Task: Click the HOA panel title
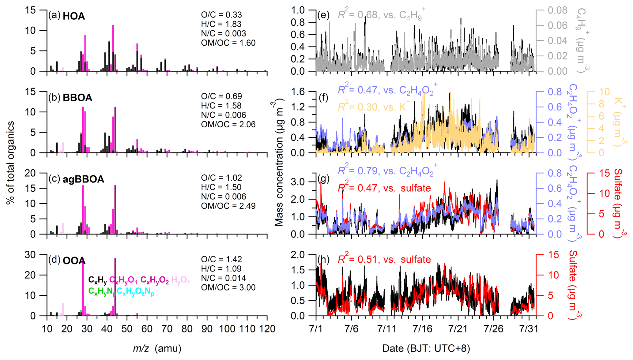pos(73,16)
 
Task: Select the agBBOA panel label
pos(83,179)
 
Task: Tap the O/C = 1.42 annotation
pos(221,259)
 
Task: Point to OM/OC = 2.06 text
pos(228,124)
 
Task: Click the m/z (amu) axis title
pos(157,348)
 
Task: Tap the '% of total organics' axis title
pos(10,163)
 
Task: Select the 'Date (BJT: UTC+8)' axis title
pos(426,348)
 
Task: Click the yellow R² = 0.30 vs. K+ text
pos(374,107)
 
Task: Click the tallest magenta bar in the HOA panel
pos(113,48)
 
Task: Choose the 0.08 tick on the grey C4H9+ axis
pos(557,10)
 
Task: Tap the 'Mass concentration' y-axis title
pos(279,163)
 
